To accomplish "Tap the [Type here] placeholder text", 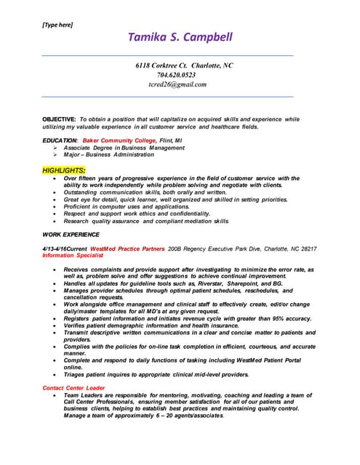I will (57, 25).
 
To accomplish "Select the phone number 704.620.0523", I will (176, 75).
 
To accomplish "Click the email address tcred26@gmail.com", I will (177, 84).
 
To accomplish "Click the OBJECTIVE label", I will (59, 118).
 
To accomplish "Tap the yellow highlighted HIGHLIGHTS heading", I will (64, 170).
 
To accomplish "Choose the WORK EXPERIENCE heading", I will (71, 235).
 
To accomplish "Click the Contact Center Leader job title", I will (73, 388).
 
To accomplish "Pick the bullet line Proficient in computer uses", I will (127, 206).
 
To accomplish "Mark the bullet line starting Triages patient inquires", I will (156, 375).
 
